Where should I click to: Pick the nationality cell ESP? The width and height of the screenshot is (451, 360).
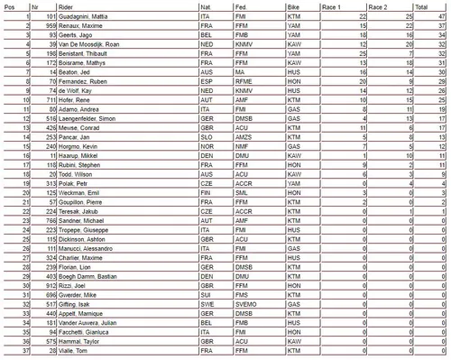coord(205,82)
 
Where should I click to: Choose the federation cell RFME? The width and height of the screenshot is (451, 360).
coord(239,82)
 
